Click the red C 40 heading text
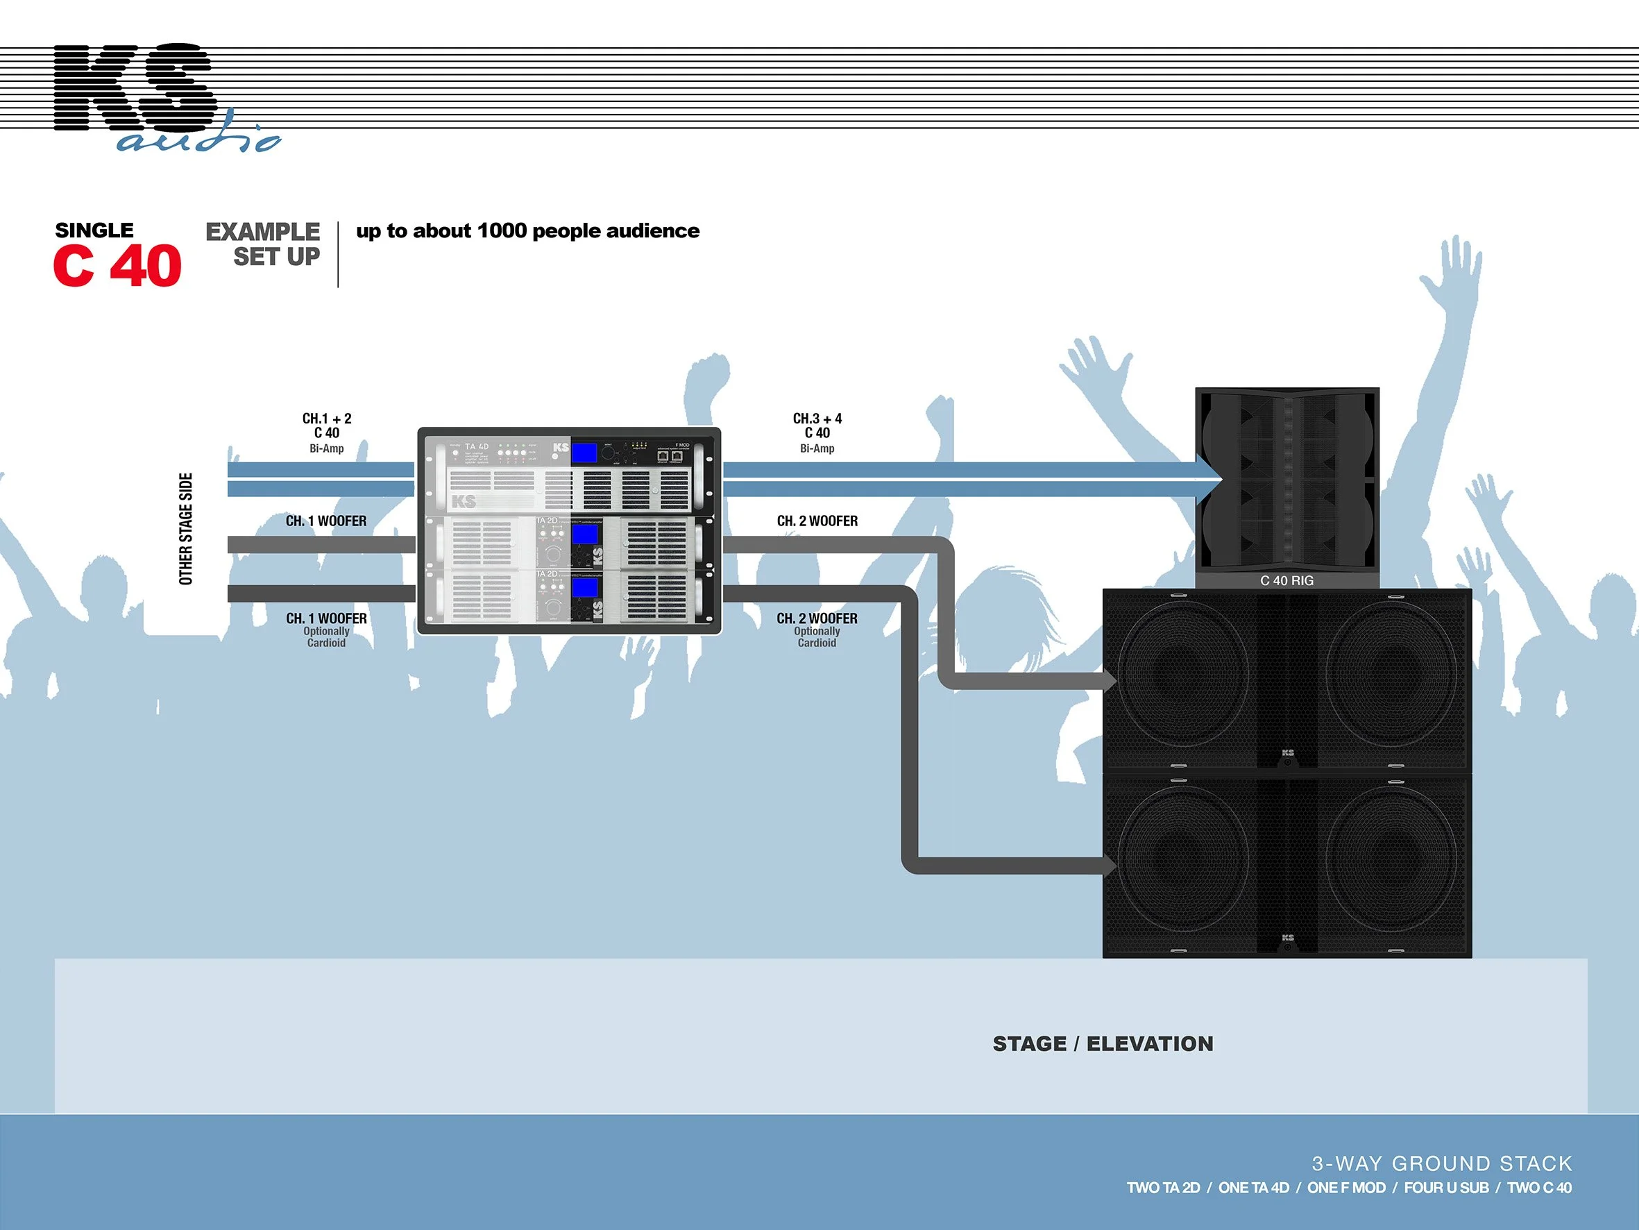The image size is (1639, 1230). point(117,265)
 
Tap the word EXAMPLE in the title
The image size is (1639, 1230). point(262,231)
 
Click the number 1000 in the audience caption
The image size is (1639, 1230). point(502,230)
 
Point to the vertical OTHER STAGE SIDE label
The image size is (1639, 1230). point(186,529)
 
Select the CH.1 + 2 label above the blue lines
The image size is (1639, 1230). point(327,419)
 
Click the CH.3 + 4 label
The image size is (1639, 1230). point(817,419)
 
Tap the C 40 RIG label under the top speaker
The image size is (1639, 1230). point(1286,580)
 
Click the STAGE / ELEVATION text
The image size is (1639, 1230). point(1103,1044)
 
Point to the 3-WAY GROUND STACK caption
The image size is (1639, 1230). point(1441,1163)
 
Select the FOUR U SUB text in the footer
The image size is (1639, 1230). point(1445,1188)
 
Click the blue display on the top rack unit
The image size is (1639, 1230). point(586,454)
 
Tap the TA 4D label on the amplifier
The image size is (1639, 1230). point(477,447)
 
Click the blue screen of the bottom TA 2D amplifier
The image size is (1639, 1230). point(586,588)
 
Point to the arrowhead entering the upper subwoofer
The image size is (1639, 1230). point(1110,681)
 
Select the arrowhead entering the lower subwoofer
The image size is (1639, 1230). point(1110,864)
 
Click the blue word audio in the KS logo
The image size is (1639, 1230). point(198,139)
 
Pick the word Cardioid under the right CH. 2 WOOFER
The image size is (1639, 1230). point(817,643)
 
